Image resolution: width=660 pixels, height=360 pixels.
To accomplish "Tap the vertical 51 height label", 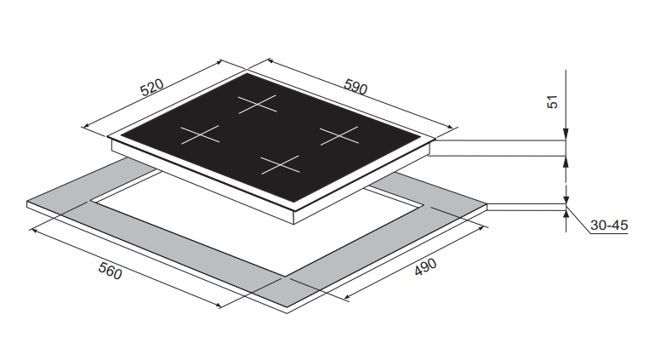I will (552, 101).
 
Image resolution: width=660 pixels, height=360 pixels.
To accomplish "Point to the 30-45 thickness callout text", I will (608, 226).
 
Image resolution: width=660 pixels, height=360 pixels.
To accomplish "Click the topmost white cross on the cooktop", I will (258, 105).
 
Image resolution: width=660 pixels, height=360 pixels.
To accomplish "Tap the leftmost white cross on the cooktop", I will (200, 134).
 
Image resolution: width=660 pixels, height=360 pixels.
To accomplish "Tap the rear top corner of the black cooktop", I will (247, 72).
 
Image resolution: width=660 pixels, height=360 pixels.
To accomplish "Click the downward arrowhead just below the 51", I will (566, 136).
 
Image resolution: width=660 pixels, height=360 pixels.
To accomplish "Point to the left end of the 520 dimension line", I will (82, 128).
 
